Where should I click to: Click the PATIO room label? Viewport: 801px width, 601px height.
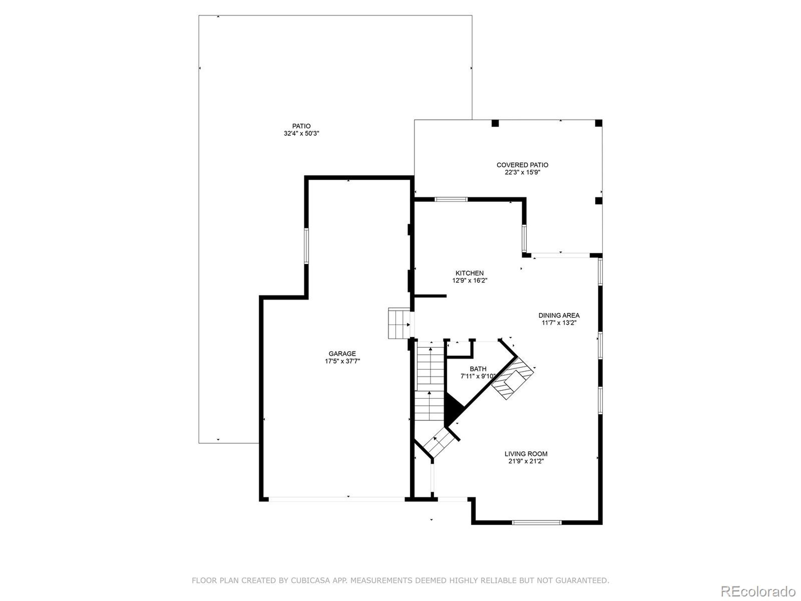point(301,126)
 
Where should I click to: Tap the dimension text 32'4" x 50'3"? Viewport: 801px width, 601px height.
point(301,134)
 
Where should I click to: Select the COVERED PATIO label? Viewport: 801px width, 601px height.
point(522,165)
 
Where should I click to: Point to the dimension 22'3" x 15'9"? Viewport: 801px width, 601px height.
point(522,172)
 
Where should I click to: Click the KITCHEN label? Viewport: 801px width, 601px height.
point(469,273)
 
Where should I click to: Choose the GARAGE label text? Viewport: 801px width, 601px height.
point(342,354)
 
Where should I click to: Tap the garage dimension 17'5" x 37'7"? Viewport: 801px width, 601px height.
point(342,361)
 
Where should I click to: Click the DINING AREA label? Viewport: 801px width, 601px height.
point(559,315)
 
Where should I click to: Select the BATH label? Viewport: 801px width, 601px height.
point(478,369)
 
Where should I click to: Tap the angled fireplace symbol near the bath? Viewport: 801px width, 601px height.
point(513,378)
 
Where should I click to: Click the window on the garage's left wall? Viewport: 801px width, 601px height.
point(306,246)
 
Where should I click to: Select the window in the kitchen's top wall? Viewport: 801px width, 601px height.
point(451,199)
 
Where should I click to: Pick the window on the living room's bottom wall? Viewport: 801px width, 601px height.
point(537,522)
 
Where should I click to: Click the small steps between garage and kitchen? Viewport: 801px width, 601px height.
point(399,323)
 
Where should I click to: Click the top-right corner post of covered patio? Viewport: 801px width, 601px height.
point(599,123)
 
